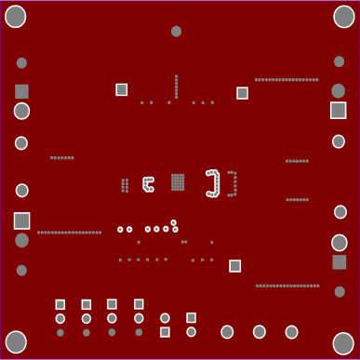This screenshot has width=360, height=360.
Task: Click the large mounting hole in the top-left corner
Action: pos(16,17)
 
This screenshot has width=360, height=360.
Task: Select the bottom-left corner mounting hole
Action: pos(16,341)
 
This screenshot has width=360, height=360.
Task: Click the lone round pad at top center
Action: pos(176,32)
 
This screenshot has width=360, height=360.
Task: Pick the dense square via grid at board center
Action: pos(178,182)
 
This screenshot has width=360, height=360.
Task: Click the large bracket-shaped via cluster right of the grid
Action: pos(213,183)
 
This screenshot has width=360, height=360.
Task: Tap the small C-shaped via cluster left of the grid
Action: pos(147,184)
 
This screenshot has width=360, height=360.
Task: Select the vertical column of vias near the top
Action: pos(176,87)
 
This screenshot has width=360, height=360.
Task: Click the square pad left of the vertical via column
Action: pos(122,89)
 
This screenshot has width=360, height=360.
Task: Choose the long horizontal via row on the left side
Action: pos(70,233)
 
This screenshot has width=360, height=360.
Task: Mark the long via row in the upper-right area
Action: pos(287,80)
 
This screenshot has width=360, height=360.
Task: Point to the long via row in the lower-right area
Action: pos(287,286)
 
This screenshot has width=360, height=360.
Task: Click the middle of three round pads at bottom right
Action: pos(260,332)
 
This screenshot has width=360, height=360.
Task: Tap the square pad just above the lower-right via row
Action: pos(235,266)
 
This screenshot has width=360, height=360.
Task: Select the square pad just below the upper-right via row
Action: pos(242,93)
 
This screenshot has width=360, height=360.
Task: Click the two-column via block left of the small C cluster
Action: pos(125,185)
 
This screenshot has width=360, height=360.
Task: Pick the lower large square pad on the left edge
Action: pos(21,220)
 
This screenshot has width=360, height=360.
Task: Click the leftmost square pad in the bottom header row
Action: pos(60,304)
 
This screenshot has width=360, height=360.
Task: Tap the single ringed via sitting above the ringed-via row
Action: pos(173,222)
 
